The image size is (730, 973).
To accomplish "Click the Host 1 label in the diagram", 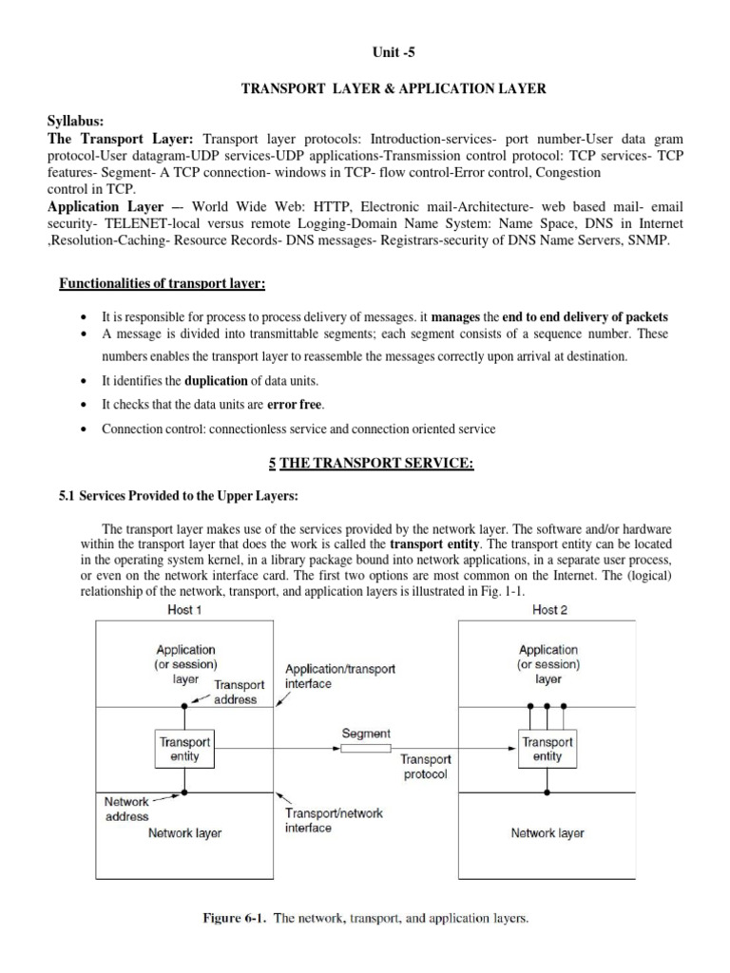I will [184, 609].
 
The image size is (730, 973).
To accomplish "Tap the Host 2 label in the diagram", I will [551, 609].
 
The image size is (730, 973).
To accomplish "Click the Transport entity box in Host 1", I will [184, 749].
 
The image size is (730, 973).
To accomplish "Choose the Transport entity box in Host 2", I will [547, 749].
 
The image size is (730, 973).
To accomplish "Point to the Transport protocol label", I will [425, 767].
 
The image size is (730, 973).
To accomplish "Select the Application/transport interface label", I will [339, 677].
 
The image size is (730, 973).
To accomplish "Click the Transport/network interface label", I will [335, 821].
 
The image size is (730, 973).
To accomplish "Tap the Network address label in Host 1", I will [126, 809].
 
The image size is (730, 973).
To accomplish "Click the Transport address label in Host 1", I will [235, 692].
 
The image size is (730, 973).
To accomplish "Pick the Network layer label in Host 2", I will [547, 833].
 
